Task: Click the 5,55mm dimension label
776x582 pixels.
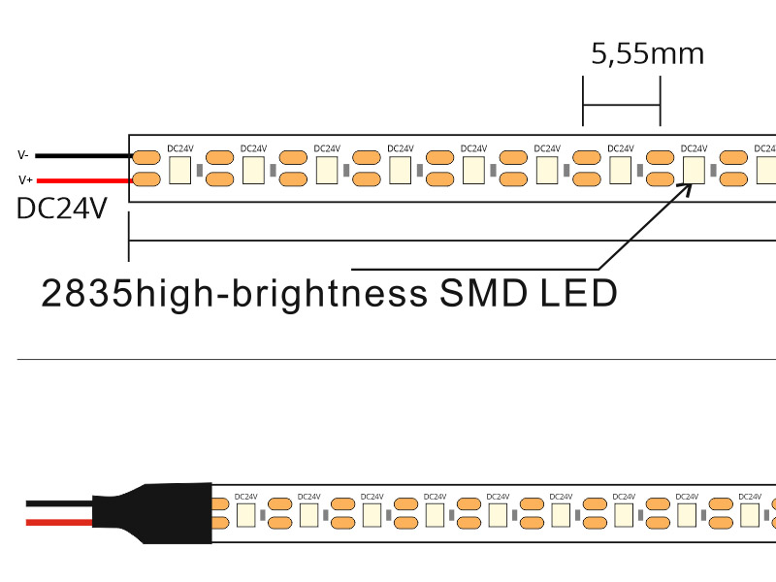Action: pos(647,53)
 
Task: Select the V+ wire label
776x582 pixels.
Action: pos(24,179)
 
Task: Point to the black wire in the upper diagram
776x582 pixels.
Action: pos(82,155)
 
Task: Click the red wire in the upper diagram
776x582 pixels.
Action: pos(82,179)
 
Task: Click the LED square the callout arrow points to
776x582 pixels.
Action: pos(694,171)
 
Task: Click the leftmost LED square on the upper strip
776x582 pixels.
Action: pos(180,171)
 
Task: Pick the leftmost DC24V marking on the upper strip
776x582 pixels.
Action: pos(180,148)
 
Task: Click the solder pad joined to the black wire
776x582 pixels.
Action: pos(146,156)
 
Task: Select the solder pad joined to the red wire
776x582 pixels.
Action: pos(146,178)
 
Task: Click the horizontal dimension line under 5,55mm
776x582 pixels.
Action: pos(621,105)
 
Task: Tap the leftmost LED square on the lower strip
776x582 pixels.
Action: pos(244,514)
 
